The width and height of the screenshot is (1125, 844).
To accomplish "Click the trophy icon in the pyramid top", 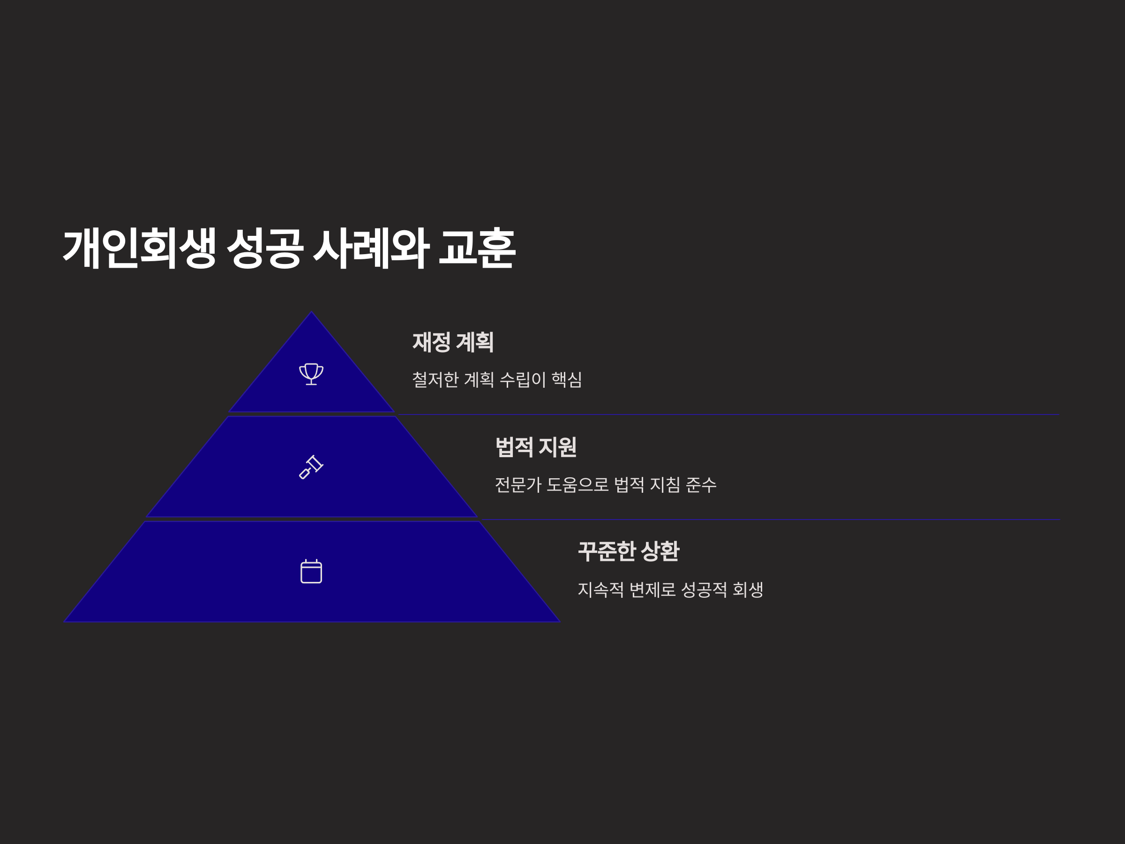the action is coord(311,374).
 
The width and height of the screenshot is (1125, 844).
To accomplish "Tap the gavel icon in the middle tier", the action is coord(311,467).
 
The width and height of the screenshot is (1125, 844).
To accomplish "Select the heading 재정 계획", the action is coord(453,342).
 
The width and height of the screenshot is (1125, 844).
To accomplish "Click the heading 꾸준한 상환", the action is coord(628,551).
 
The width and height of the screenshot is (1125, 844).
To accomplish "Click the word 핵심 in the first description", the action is coord(567,379).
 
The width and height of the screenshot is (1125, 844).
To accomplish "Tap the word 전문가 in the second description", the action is coord(518,484).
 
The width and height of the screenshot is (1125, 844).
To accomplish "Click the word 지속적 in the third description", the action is coord(600,590).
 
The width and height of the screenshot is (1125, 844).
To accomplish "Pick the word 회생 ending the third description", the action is coord(748,590).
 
